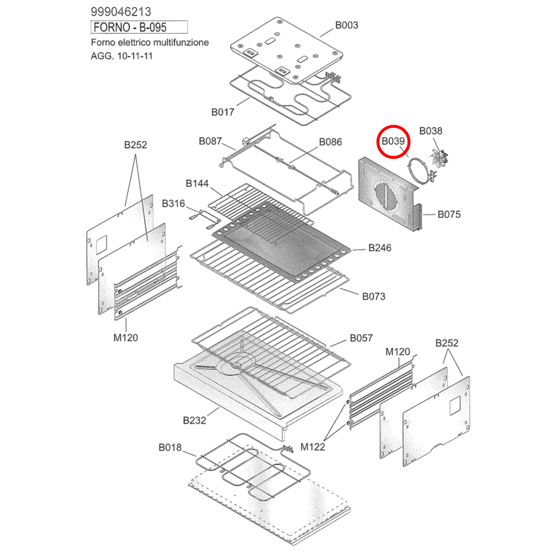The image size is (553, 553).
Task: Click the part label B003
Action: [x=346, y=25]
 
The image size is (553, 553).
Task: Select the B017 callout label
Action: [x=223, y=112]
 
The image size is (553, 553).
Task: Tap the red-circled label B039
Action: [x=393, y=141]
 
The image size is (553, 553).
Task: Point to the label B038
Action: [x=431, y=131]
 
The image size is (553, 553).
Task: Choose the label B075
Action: [x=449, y=214]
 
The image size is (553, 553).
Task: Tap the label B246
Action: [x=380, y=248]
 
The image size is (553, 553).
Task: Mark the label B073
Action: [x=374, y=297]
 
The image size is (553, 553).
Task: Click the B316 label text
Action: [x=173, y=204]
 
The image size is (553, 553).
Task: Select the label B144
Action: [x=197, y=184]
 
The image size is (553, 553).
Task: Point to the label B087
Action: [x=210, y=141]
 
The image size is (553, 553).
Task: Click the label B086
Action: [x=330, y=142]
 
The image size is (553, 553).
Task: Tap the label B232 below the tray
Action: [x=194, y=420]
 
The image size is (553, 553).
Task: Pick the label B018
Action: [x=170, y=447]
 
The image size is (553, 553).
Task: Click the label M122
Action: [x=313, y=447]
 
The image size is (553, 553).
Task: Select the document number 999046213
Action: [x=121, y=12]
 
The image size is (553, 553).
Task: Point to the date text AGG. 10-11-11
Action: [x=122, y=56]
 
